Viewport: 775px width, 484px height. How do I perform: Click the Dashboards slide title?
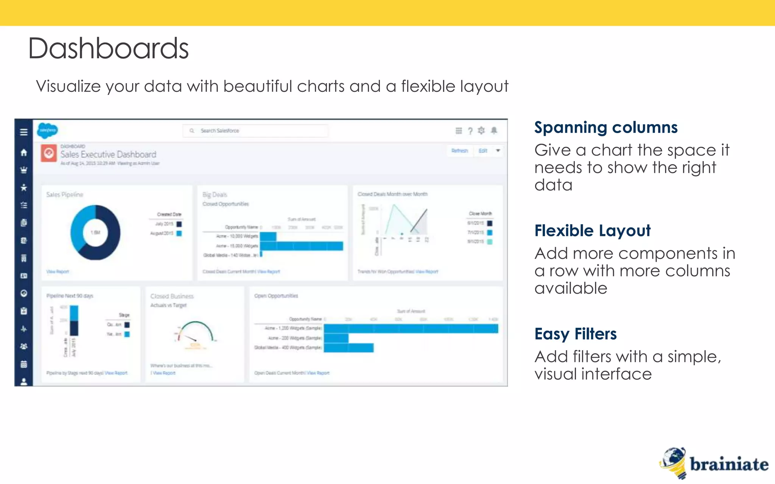tap(108, 48)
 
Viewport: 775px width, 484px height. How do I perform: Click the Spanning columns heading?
tap(605, 128)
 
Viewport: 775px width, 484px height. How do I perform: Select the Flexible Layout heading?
tap(592, 231)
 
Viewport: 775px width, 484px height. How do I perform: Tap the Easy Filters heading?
tap(575, 334)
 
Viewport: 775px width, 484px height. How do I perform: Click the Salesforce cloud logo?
tap(47, 130)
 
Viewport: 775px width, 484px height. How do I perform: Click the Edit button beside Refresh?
tap(483, 151)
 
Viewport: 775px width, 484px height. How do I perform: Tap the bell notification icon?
tap(494, 131)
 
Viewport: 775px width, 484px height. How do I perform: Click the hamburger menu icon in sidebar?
tap(24, 132)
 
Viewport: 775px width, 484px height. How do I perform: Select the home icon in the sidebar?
tap(24, 152)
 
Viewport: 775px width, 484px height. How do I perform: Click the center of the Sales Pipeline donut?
tap(95, 233)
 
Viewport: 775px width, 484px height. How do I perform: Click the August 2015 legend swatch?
tap(179, 233)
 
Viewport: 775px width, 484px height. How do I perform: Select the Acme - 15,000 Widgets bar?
tap(301, 246)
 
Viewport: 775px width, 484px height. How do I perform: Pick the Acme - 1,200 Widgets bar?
tap(411, 329)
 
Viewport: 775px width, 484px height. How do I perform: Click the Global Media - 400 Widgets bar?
tap(349, 347)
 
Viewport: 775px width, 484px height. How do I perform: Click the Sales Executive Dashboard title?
tap(108, 155)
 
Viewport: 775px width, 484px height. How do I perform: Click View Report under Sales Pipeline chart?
tap(58, 271)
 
